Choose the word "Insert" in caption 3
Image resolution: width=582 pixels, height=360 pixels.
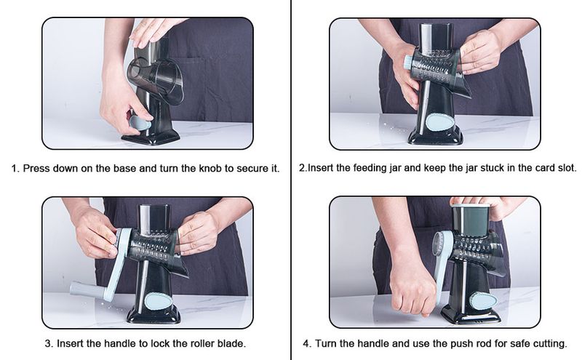[x=70, y=344]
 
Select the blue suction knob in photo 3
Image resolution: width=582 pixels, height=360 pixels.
[x=158, y=300]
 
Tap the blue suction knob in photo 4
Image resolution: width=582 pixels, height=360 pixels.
[x=483, y=300]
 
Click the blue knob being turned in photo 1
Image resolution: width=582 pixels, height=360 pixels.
[x=138, y=122]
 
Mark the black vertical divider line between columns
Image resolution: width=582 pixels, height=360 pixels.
[x=291, y=180]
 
